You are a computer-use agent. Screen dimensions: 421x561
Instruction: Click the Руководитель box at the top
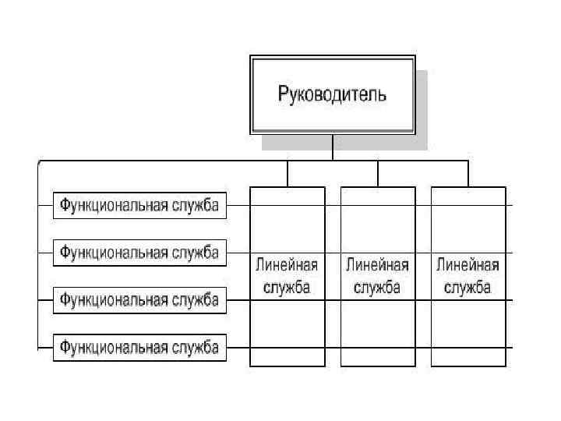coord(332,95)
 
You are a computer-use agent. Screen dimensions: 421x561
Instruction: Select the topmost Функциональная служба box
coord(139,206)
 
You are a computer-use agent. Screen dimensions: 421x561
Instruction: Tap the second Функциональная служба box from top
coord(139,253)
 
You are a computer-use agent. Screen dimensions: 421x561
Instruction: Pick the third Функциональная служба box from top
coord(139,300)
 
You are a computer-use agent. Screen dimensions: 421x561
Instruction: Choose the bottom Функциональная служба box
coord(139,347)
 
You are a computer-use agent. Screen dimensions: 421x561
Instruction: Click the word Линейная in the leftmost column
coord(287,264)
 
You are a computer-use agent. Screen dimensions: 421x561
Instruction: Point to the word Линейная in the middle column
coord(377,264)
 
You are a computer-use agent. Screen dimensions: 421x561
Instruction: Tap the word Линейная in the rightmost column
coord(467,264)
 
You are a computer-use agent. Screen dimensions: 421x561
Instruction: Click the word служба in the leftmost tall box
coord(287,287)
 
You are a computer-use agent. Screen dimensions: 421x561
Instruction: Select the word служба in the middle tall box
coord(377,287)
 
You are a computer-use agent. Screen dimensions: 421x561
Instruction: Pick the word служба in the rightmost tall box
coord(467,287)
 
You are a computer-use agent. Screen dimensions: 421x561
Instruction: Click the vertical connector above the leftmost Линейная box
coord(288,174)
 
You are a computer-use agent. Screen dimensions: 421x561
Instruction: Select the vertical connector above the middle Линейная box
coord(378,174)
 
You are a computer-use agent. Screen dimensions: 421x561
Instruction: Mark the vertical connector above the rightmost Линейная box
coord(468,174)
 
